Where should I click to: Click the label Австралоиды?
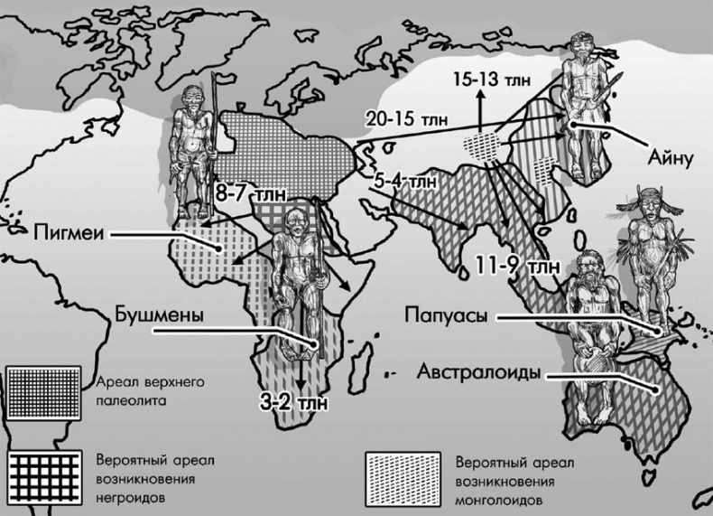(478, 371)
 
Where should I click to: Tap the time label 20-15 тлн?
(403, 118)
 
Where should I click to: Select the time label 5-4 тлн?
(404, 180)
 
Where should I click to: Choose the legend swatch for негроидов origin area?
(42, 473)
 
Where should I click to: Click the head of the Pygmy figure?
(192, 98)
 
